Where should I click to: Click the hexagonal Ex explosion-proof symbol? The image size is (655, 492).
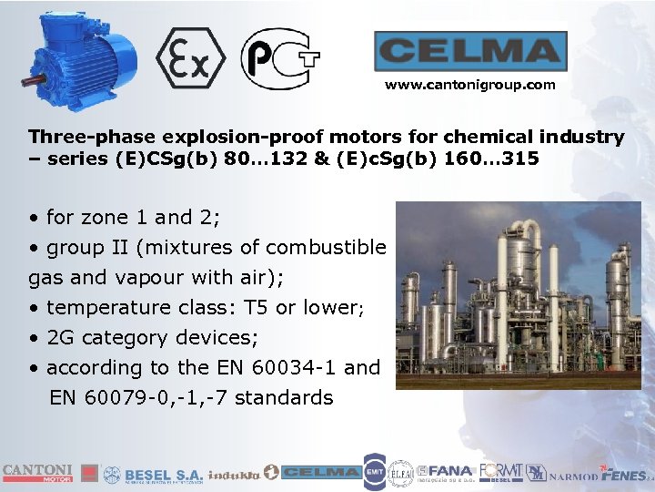pos(190,58)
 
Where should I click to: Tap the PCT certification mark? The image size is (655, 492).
pos(279,58)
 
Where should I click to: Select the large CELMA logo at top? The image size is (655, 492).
pos(470,51)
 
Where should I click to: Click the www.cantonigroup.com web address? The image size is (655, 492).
pos(469,85)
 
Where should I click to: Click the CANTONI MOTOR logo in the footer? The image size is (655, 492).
pos(37,472)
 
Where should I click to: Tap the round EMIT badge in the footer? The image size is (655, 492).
pos(374,472)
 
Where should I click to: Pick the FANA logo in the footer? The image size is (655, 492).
pos(448,472)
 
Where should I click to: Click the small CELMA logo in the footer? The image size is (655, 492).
pos(319,472)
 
